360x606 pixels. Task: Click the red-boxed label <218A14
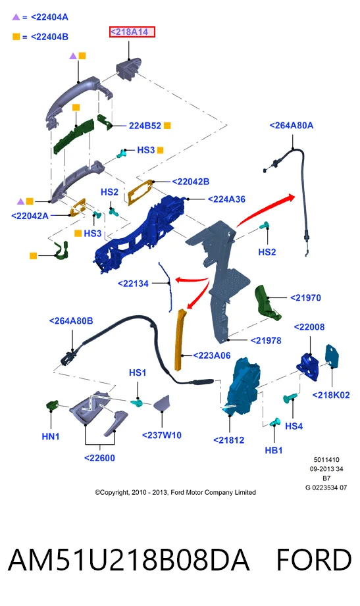[132, 32]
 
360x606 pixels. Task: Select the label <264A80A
[291, 126]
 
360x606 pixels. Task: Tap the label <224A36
[226, 199]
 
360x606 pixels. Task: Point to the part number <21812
[229, 440]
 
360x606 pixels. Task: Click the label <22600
[100, 458]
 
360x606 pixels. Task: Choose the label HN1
[51, 436]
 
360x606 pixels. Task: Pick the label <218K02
[331, 395]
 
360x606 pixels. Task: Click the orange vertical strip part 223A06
[180, 340]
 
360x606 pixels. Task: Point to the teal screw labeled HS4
[290, 398]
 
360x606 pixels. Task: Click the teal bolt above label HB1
[275, 422]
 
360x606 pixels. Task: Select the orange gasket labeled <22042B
[140, 191]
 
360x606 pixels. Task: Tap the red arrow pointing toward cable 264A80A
[265, 208]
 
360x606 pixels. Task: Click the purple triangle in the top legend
[16, 17]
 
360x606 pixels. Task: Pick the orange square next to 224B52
[167, 125]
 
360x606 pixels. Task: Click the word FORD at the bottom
[313, 560]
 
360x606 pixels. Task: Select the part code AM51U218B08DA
[129, 560]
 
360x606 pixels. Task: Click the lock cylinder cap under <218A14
[128, 70]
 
